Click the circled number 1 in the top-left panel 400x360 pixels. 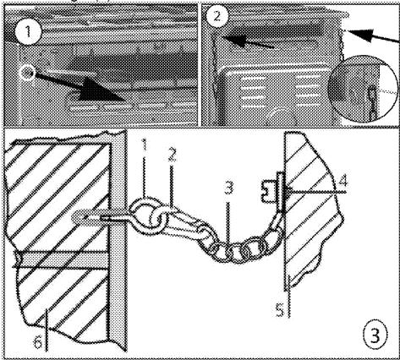pyautogui.click(x=28, y=33)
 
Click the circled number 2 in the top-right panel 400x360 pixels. pyautogui.click(x=216, y=16)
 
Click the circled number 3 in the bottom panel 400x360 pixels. pyautogui.click(x=375, y=336)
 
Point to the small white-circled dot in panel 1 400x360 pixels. pyautogui.click(x=27, y=73)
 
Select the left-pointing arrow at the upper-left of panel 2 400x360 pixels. pyautogui.click(x=248, y=41)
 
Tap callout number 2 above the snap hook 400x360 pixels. pyautogui.click(x=172, y=155)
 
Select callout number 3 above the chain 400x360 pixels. pyautogui.click(x=229, y=188)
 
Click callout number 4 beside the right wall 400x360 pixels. pyautogui.click(x=342, y=182)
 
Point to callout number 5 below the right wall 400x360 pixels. pyautogui.click(x=280, y=310)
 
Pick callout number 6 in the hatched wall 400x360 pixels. pyautogui.click(x=38, y=341)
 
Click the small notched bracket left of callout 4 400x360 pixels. pyautogui.click(x=268, y=192)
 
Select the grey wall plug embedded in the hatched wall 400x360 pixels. pyautogui.click(x=87, y=217)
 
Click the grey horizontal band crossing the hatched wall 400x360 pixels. pyautogui.click(x=61, y=259)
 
